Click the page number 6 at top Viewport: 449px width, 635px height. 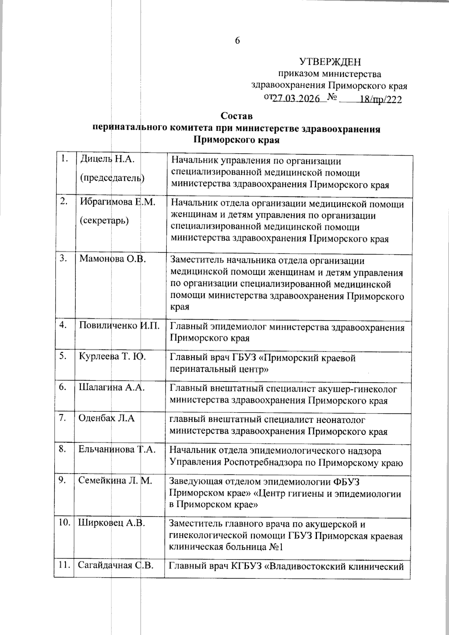click(x=237, y=41)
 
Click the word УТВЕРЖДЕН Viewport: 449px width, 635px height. click(x=330, y=62)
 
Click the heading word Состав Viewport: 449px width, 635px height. click(x=236, y=116)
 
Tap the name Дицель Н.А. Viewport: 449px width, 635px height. click(x=107, y=160)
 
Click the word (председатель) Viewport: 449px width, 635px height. click(x=112, y=178)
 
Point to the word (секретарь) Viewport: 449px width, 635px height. click(x=104, y=220)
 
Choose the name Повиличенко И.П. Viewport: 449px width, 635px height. click(x=119, y=325)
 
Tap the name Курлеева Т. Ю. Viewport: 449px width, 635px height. click(x=112, y=357)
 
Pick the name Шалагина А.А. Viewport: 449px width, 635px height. click(x=111, y=388)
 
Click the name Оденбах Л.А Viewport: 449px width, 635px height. click(x=106, y=418)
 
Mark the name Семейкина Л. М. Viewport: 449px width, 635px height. click(x=115, y=480)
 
